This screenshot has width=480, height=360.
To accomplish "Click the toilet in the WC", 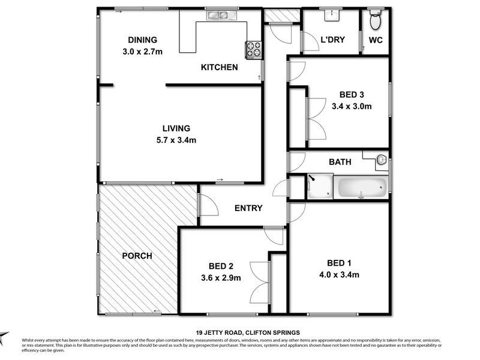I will click(376, 21).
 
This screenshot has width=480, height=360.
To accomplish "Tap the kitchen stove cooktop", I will click(253, 49).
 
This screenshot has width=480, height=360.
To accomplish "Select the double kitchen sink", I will click(216, 16).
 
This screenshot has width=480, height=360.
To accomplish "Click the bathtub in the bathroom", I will click(361, 187).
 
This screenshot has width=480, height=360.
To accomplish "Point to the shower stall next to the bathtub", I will click(320, 187).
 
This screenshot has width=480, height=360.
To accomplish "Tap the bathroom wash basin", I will click(382, 160).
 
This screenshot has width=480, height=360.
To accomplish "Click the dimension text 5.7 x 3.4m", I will click(176, 140).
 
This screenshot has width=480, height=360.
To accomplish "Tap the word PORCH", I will click(137, 256).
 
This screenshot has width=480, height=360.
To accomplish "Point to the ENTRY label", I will click(248, 208).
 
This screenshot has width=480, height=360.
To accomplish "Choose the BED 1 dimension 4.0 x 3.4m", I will click(339, 275).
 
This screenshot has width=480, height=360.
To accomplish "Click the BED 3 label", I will click(352, 94).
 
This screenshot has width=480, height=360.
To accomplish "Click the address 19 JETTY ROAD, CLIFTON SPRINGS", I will click(248, 332).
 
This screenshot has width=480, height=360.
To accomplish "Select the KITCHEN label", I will click(219, 67).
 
